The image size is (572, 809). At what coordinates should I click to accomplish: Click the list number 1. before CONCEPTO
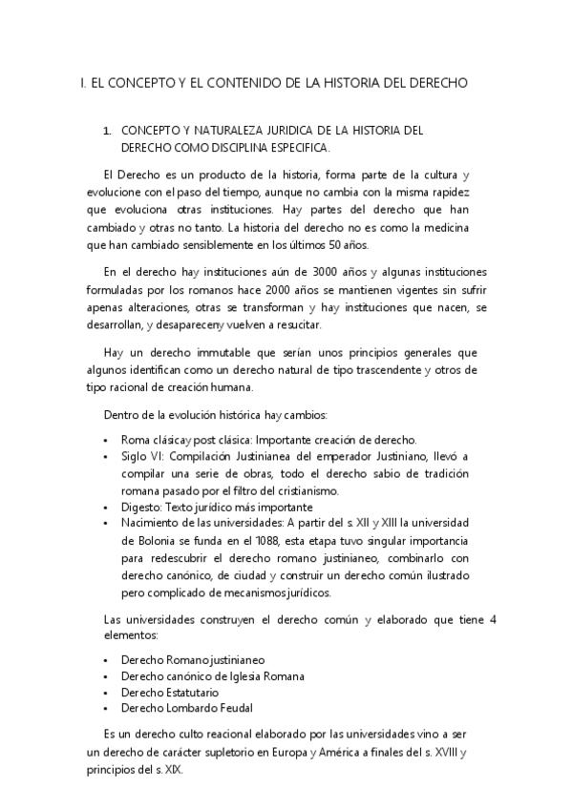(x=108, y=130)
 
